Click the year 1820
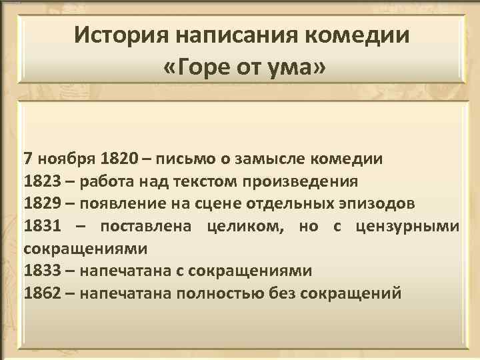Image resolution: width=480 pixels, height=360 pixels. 120,159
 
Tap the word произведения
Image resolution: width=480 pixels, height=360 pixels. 310,181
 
